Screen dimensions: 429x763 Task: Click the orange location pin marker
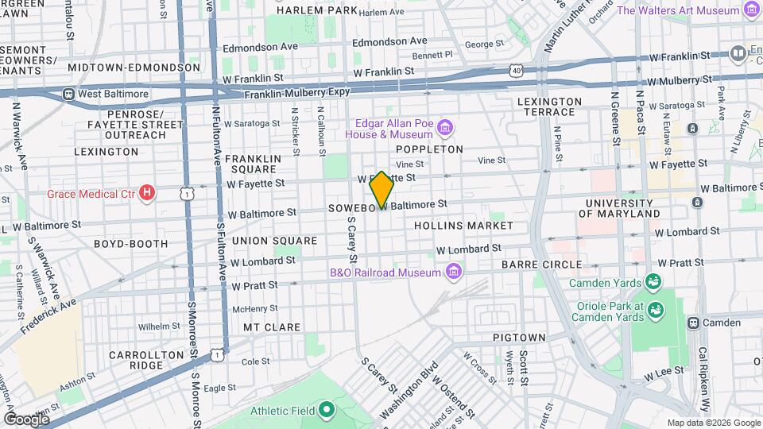(x=381, y=189)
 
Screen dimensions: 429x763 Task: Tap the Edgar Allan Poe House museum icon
(x=444, y=128)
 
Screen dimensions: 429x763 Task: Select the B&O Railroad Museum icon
(x=454, y=272)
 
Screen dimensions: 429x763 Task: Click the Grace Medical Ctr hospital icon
(x=146, y=192)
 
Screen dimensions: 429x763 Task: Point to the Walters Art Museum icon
(x=751, y=10)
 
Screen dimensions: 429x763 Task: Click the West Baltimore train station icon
(x=69, y=94)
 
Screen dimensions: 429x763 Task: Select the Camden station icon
(x=693, y=323)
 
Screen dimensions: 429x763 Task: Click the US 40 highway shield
(x=517, y=71)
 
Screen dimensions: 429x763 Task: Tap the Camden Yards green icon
(x=653, y=282)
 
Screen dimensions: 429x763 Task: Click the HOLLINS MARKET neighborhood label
(x=463, y=226)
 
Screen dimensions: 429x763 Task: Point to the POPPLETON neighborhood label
(x=429, y=149)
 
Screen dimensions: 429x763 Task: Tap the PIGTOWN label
(x=519, y=338)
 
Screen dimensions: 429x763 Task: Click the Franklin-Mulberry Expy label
(x=296, y=93)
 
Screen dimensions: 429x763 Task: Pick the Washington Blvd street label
(x=409, y=390)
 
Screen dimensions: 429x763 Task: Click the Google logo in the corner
(x=26, y=419)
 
